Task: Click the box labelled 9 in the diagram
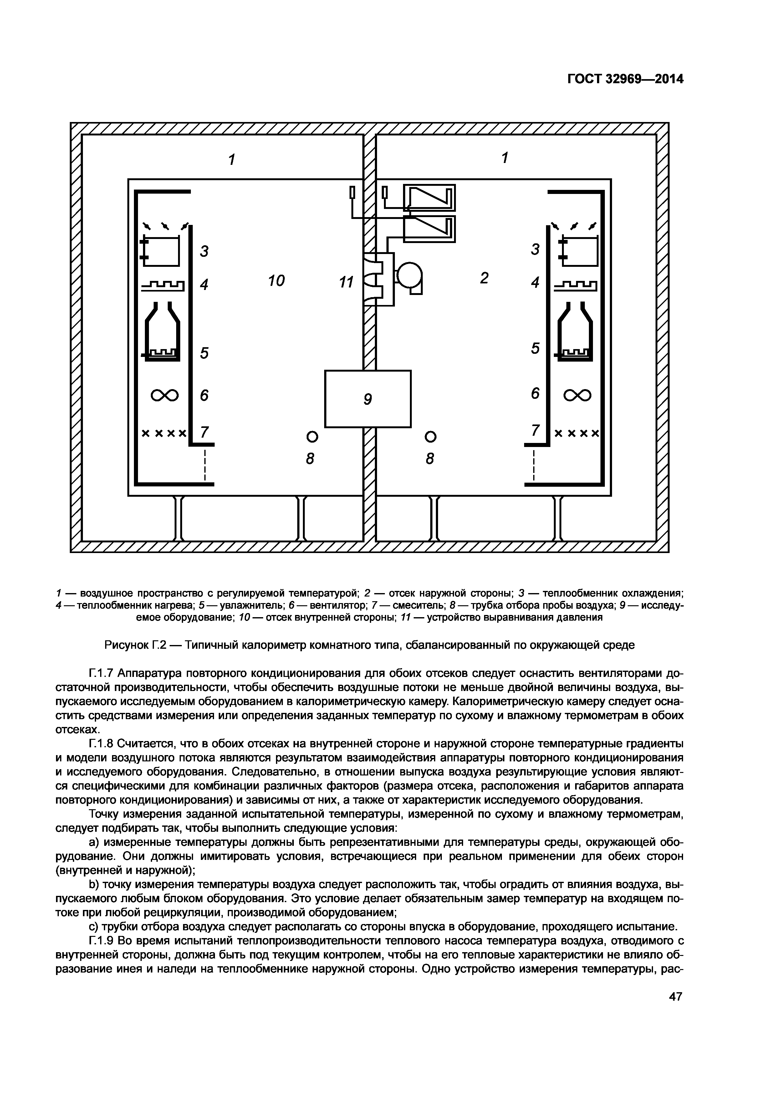(x=367, y=399)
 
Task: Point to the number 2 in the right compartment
(x=484, y=278)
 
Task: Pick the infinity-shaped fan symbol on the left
(x=164, y=395)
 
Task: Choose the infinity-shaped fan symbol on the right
(x=577, y=395)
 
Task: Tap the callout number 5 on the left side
(x=205, y=353)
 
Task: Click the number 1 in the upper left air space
(x=232, y=159)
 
